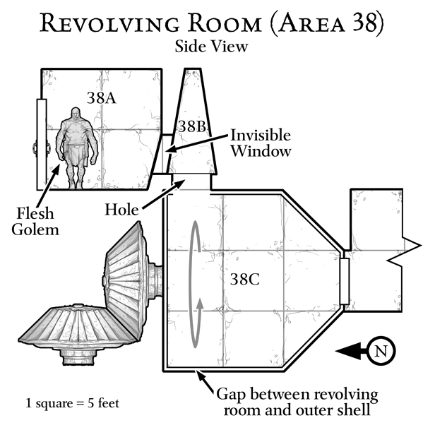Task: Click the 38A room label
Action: click(x=102, y=98)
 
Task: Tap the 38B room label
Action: click(x=192, y=126)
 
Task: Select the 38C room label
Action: click(x=245, y=279)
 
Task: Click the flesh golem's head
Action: click(x=76, y=114)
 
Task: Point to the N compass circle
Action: click(x=381, y=351)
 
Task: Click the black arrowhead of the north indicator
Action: click(x=348, y=351)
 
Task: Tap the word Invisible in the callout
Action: click(x=261, y=135)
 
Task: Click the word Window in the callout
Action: click(x=261, y=151)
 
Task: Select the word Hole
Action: click(x=121, y=210)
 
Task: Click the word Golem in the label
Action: click(x=35, y=229)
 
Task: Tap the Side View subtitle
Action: click(x=212, y=46)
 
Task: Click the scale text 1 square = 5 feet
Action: click(x=73, y=403)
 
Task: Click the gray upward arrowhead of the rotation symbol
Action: click(x=201, y=304)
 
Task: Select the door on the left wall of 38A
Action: click(x=42, y=144)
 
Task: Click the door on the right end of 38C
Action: click(x=345, y=281)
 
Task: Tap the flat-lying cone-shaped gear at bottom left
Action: click(x=78, y=334)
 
